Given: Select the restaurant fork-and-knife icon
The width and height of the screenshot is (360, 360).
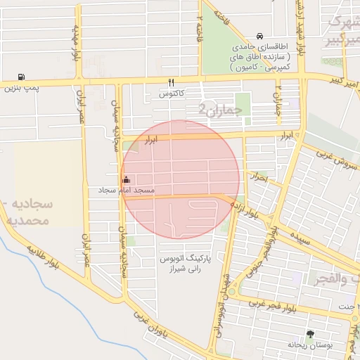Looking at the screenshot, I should point(171,82).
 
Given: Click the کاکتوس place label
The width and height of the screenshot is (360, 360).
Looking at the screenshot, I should point(171,93).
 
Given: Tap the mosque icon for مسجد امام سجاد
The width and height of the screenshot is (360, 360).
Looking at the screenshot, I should point(127,179).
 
